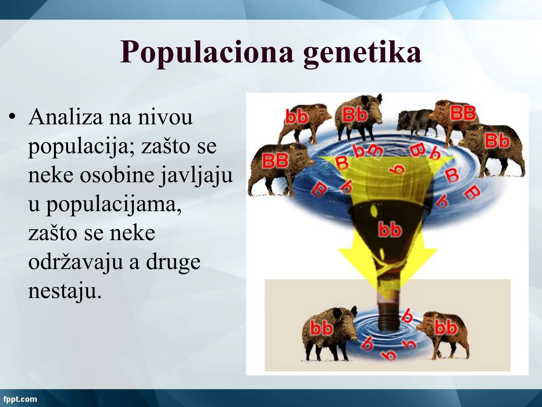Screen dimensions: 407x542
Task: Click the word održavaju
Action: [x=75, y=262]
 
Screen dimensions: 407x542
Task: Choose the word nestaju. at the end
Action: [x=65, y=291]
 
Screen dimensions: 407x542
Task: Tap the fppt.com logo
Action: [x=20, y=399]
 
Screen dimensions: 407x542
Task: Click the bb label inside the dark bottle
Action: [x=390, y=229]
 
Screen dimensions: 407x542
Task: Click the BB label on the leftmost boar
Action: [x=275, y=161]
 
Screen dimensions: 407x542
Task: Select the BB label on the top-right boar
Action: [x=463, y=113]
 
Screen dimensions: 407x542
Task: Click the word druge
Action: [x=173, y=262]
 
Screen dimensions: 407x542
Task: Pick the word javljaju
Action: [x=196, y=175]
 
